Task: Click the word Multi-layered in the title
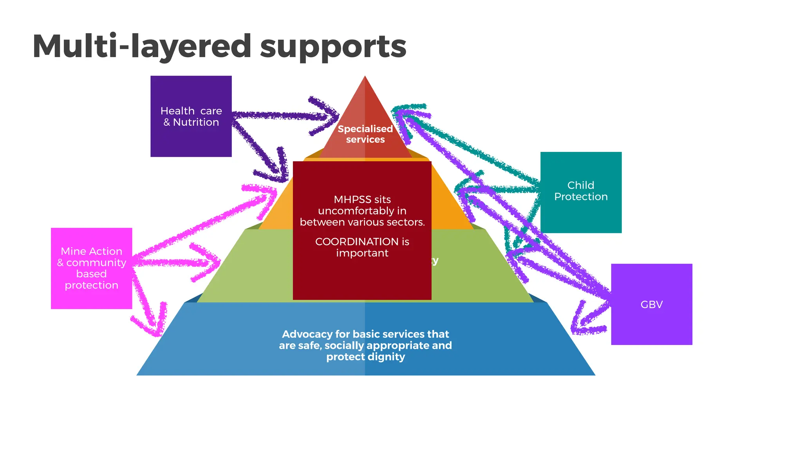141,47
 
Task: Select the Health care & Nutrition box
191,116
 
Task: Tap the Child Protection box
581,192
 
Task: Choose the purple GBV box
651,304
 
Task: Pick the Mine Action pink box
91,268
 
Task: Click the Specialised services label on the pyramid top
365,134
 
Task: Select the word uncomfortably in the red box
362,211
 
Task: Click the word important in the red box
362,253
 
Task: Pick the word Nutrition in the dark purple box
196,122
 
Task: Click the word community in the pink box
96,262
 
